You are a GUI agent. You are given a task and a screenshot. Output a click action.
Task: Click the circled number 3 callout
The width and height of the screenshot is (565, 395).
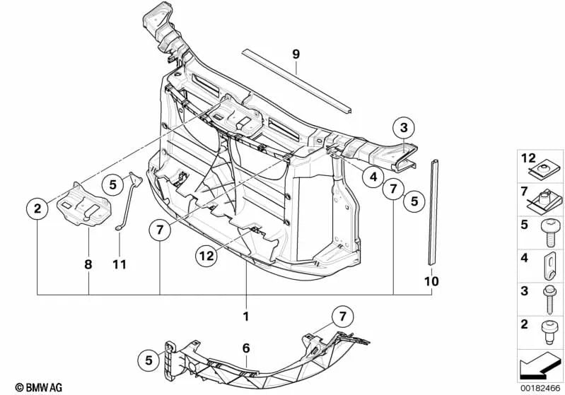(403, 129)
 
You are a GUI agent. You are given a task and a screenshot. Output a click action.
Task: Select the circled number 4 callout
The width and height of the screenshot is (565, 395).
(373, 178)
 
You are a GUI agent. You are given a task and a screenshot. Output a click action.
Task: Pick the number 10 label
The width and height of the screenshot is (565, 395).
(431, 281)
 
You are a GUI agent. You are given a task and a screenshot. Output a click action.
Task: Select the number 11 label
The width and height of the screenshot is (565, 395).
(119, 265)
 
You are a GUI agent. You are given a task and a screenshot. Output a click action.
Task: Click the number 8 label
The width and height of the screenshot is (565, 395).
(88, 265)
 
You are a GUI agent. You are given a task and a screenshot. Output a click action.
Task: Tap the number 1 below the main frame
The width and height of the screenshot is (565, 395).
(246, 317)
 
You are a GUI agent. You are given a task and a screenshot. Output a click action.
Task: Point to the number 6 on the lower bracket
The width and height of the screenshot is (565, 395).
(245, 348)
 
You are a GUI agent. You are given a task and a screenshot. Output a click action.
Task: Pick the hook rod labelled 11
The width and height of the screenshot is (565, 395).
(127, 205)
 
